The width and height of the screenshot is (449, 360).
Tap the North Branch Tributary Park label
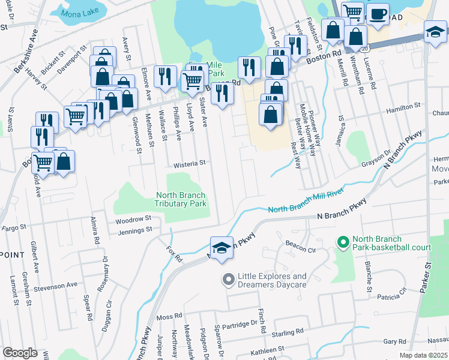pyautogui.click(x=181, y=199)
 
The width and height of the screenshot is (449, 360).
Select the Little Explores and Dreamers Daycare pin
pyautogui.click(x=228, y=280)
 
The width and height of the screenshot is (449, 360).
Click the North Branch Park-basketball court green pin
pyautogui.click(x=343, y=242)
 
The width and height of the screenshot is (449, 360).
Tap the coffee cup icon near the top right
pyautogui.click(x=377, y=14)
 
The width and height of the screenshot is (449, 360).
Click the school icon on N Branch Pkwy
pyautogui.click(x=221, y=248)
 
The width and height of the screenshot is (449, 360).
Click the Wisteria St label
pyautogui.click(x=190, y=163)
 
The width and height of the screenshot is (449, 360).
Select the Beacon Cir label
pyautogui.click(x=301, y=248)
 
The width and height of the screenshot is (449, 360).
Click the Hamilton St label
pyautogui.click(x=403, y=106)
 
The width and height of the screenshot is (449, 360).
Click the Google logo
pyautogui.click(x=20, y=353)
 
